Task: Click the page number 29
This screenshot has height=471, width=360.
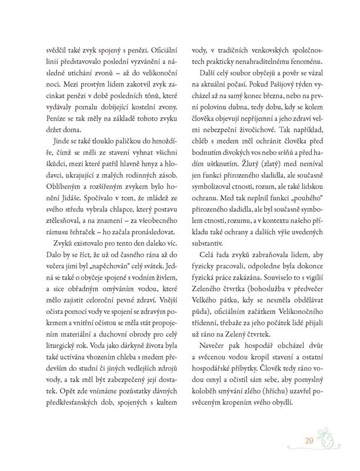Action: (x=308, y=441)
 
